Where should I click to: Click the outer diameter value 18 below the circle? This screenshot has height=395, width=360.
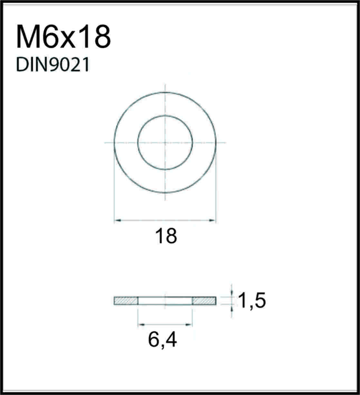point(166,236)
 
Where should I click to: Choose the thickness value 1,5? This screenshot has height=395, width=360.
point(251,301)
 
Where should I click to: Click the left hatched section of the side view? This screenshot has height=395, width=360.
point(126,301)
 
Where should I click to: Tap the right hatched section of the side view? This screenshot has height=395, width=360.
point(204,301)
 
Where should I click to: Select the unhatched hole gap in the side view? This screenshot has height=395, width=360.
point(165,301)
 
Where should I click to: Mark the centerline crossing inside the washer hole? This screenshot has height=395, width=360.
point(165,142)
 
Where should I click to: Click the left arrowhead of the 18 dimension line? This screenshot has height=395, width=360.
point(117,220)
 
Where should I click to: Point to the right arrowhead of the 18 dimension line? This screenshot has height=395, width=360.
point(213,220)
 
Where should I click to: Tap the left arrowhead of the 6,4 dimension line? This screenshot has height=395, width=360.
point(140,324)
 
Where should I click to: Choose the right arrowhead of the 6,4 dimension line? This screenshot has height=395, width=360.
point(190,324)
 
